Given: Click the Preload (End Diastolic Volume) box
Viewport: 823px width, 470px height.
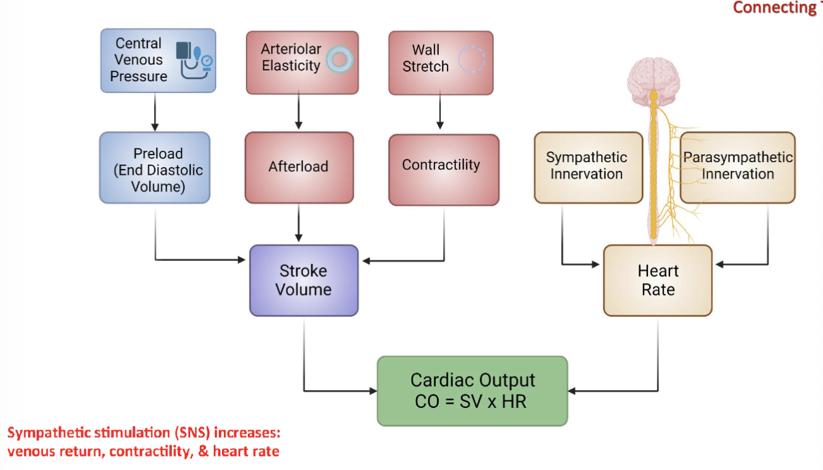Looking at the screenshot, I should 154,167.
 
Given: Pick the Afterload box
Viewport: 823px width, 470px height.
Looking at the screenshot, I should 299,167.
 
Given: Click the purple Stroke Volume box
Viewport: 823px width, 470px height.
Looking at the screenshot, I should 304,280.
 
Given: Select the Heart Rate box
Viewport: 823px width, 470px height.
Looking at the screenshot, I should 658,280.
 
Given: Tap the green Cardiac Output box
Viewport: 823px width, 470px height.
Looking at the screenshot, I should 472,390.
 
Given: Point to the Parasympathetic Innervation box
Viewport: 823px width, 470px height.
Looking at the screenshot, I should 737,167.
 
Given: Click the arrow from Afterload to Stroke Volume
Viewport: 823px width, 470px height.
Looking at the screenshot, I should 299,224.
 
